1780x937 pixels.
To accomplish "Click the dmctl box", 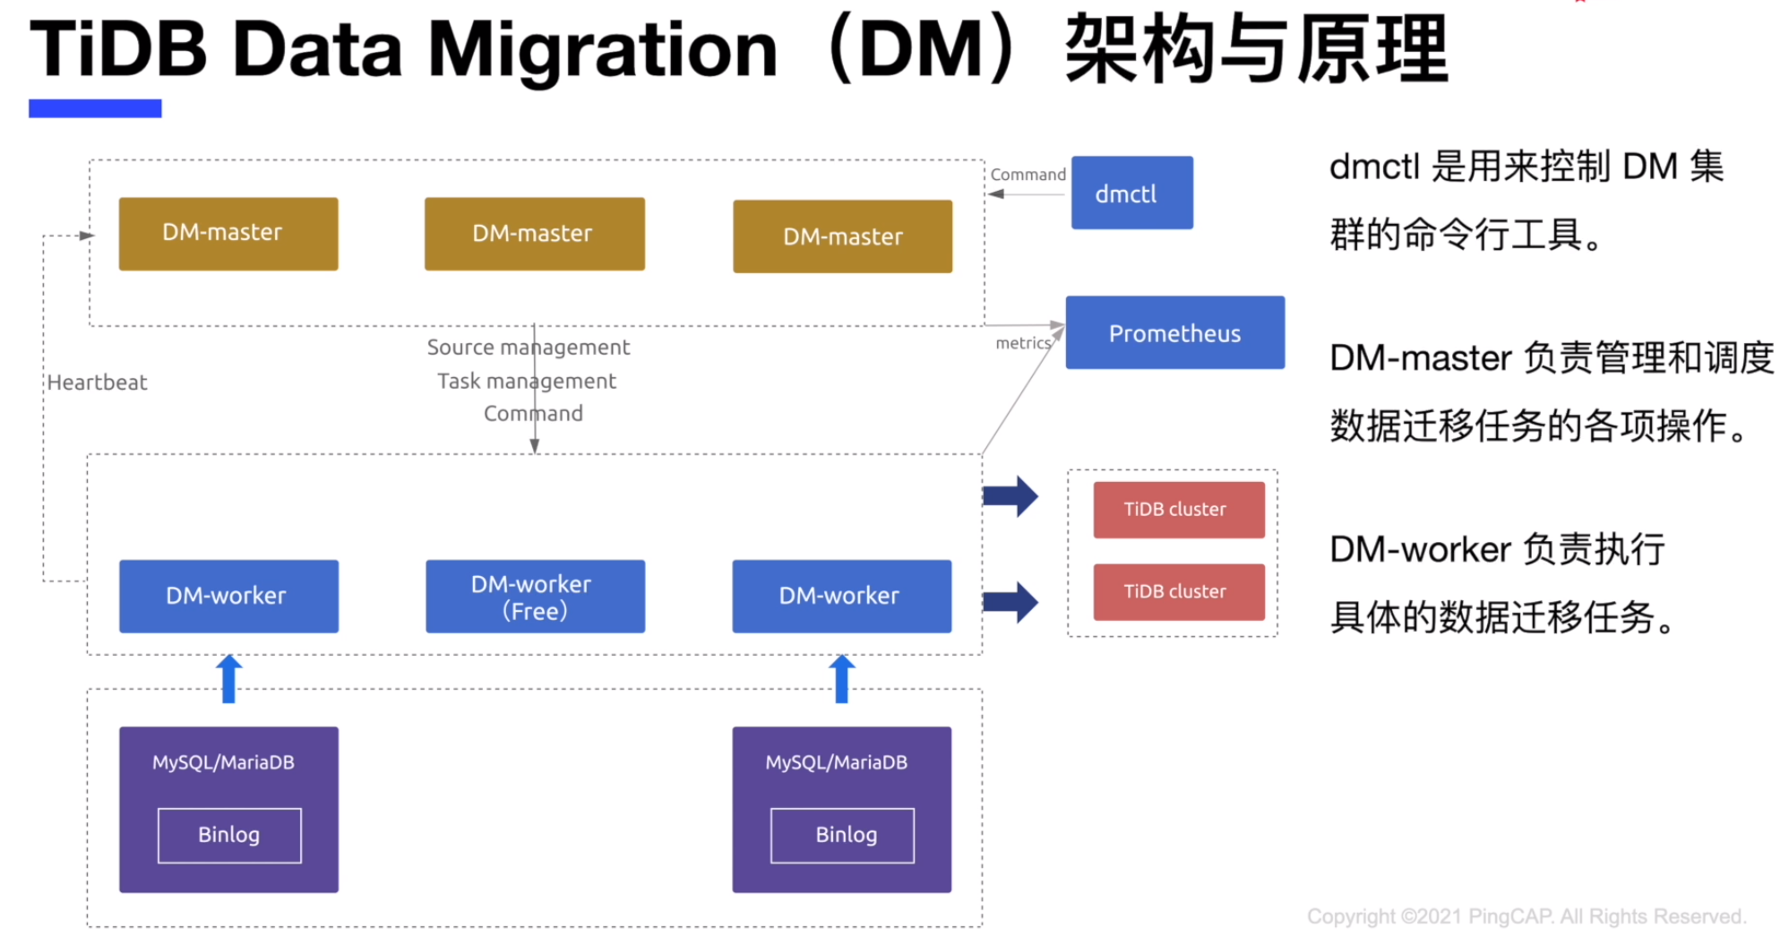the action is click(1131, 193).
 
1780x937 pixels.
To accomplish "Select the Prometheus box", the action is click(1174, 332).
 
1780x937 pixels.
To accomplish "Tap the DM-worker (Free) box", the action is click(535, 597).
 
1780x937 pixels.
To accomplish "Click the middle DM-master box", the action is click(535, 234).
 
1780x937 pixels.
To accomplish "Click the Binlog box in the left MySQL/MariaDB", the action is click(229, 836).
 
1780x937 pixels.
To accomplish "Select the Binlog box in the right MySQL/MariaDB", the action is click(842, 836).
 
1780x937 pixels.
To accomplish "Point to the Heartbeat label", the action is click(97, 383).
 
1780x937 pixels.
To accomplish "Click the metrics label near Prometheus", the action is click(1022, 343).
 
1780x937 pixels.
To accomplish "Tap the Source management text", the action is click(528, 348).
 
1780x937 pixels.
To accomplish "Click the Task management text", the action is click(527, 382).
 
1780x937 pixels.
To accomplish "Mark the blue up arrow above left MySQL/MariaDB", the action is click(229, 679).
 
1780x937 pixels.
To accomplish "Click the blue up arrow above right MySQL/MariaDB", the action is click(842, 679).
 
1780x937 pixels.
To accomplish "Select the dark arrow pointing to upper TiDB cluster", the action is click(1010, 496).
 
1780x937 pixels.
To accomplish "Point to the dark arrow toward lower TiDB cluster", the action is click(1010, 602).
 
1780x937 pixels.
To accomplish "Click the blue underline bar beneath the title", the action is click(95, 108).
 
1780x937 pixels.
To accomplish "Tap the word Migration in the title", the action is click(602, 52).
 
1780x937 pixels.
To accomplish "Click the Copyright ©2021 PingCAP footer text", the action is click(1526, 916).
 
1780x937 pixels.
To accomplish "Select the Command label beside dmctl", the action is click(1028, 175).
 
